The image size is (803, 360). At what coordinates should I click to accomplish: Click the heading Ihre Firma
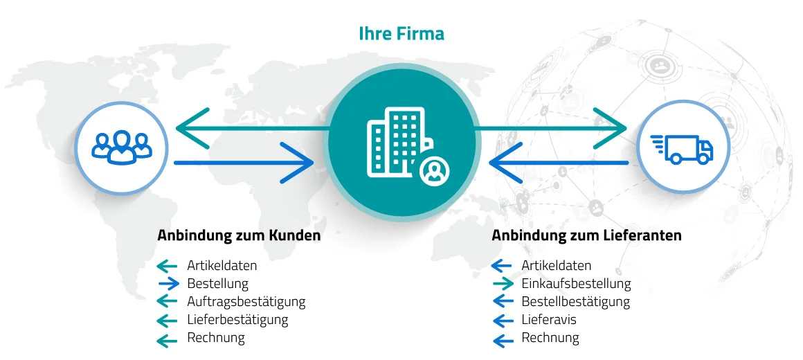(401, 33)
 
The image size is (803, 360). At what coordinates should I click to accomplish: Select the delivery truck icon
(681, 148)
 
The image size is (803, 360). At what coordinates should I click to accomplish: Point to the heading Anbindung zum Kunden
(239, 235)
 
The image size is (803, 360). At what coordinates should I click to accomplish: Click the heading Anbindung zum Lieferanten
(586, 235)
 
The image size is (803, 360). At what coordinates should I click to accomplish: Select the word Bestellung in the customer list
(217, 283)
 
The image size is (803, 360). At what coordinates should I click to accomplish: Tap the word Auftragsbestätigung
(246, 301)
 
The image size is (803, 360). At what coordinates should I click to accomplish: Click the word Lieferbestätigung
(237, 320)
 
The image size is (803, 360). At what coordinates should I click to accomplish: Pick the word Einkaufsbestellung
(576, 283)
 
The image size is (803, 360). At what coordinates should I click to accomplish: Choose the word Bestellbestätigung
(575, 301)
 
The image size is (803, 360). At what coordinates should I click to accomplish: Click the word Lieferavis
(548, 320)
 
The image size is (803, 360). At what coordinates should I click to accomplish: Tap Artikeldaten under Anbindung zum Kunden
(222, 265)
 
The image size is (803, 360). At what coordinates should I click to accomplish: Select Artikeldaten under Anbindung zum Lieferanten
(556, 265)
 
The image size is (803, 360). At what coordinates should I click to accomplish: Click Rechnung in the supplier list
(550, 338)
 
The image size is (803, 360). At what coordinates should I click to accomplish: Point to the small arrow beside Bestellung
(168, 283)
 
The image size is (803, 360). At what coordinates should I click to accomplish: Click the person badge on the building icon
(434, 170)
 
